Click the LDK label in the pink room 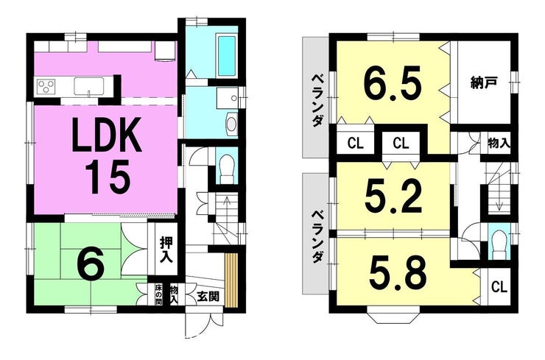[107, 135]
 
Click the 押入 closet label [165, 250]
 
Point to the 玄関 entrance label [208, 297]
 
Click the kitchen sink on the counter [89, 85]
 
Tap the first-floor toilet [227, 169]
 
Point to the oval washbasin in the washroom [231, 124]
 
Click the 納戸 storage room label [483, 83]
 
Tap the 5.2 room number [393, 197]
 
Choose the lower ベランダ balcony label [316, 236]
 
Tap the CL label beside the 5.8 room [499, 287]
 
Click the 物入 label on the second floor [499, 143]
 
